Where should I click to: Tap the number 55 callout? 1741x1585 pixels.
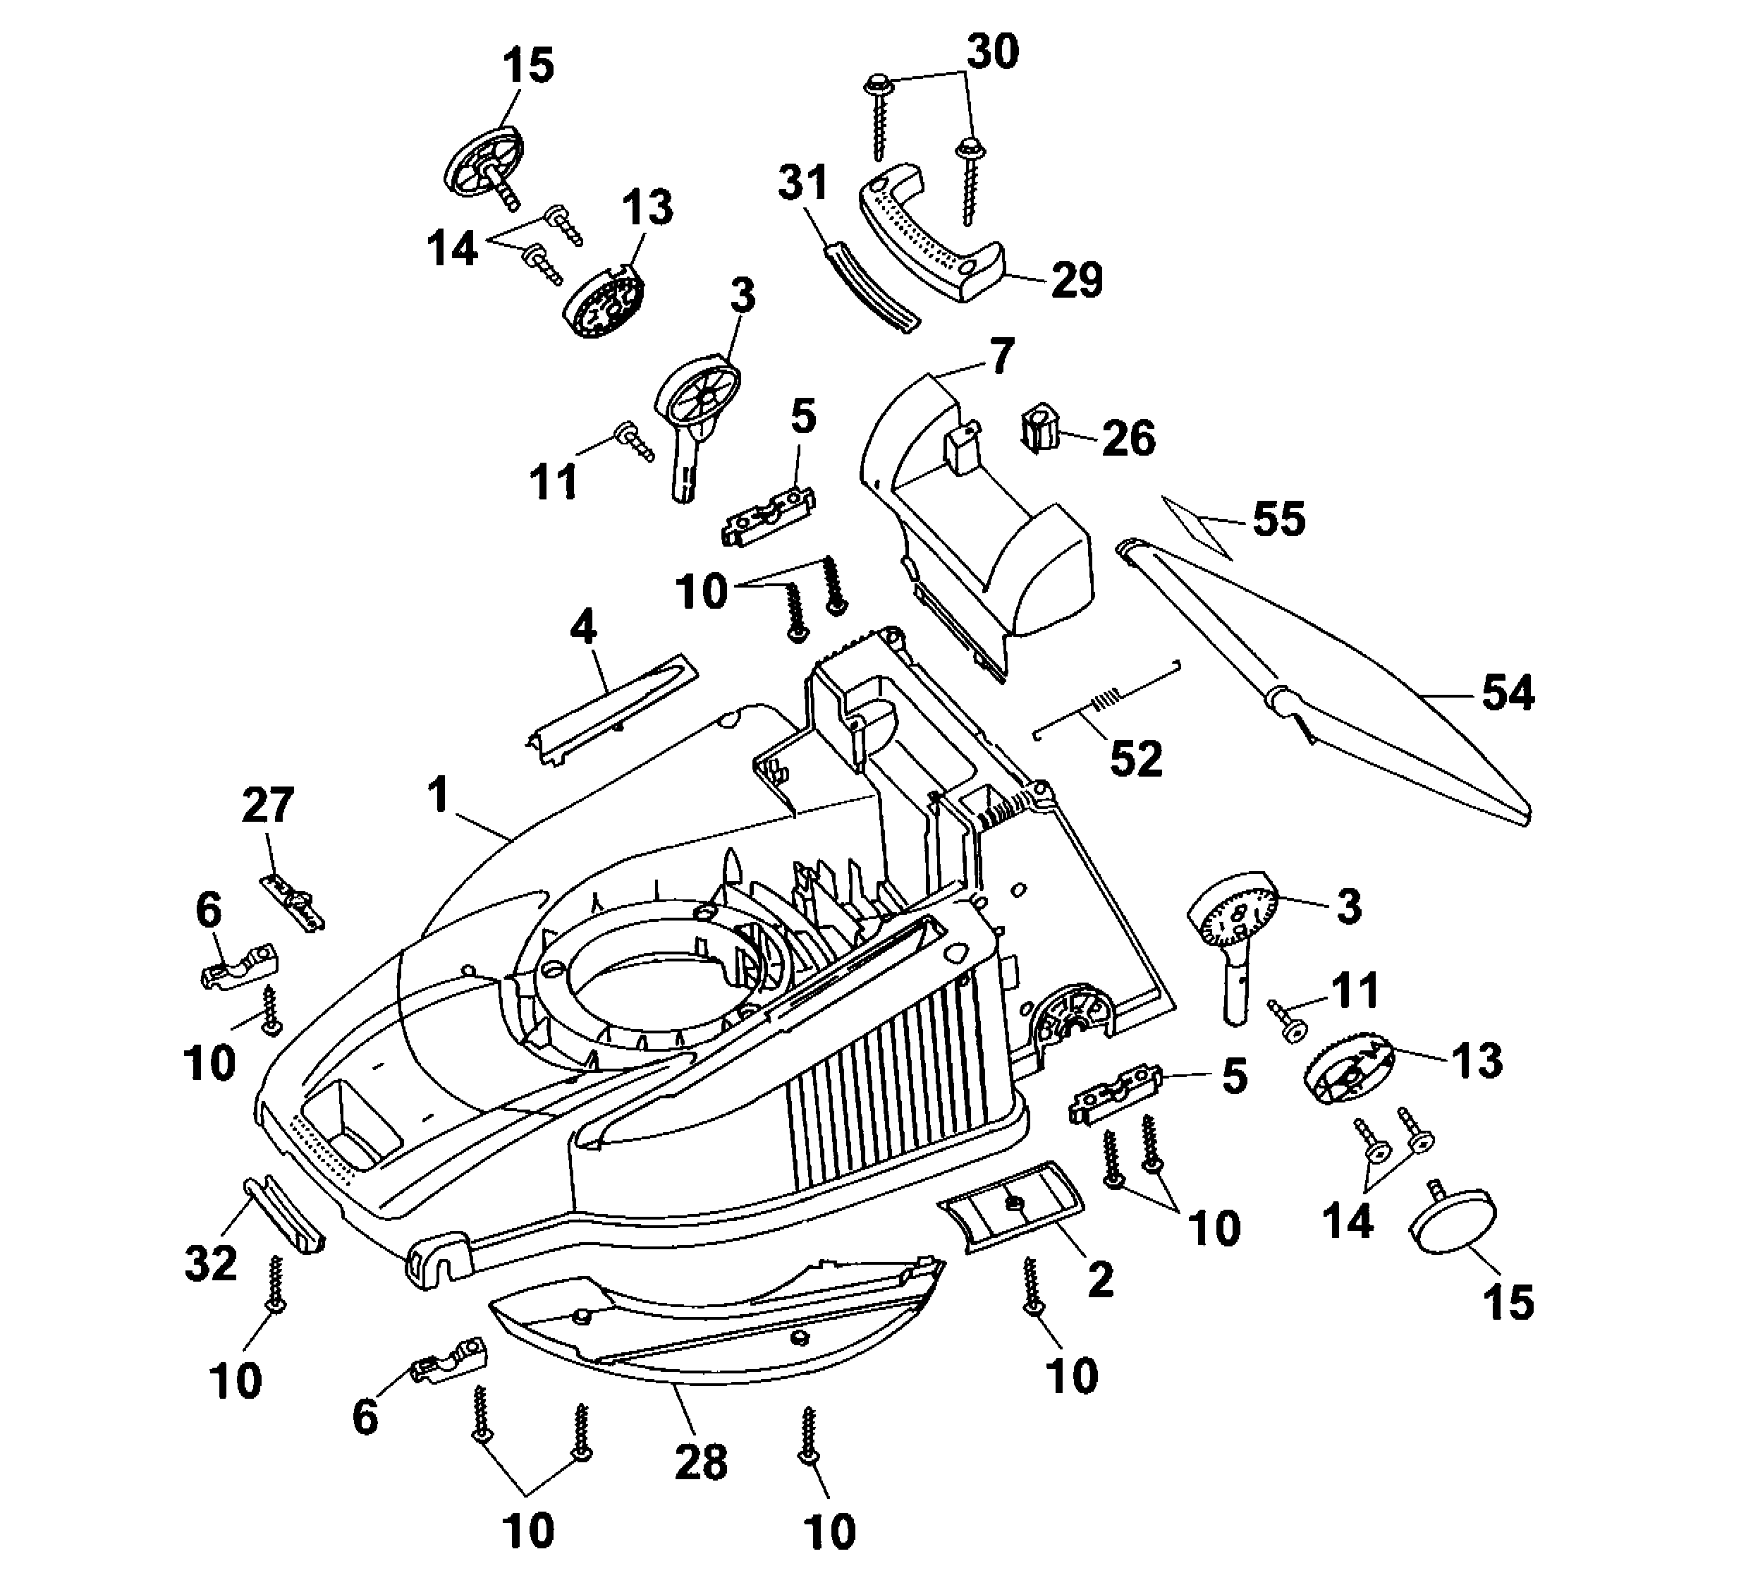click(1278, 519)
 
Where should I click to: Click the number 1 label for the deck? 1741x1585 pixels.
click(439, 795)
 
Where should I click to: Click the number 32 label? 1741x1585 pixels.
click(211, 1263)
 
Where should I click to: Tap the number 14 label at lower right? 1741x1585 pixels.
click(1348, 1220)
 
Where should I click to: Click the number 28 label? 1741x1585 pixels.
click(700, 1462)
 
